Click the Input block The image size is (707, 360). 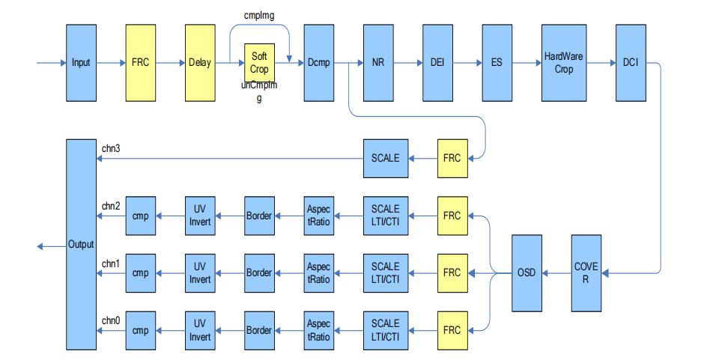coord(81,63)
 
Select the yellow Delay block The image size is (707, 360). coord(200,63)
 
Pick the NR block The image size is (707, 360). coord(378,63)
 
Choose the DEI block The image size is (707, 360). coord(437,63)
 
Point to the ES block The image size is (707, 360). coord(497,63)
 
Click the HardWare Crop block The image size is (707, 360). coord(564,63)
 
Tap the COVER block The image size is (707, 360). coord(586,274)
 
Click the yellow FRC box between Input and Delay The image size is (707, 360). coord(141,63)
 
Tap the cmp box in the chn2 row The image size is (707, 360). coord(141,216)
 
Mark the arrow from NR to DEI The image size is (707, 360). coord(407,64)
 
